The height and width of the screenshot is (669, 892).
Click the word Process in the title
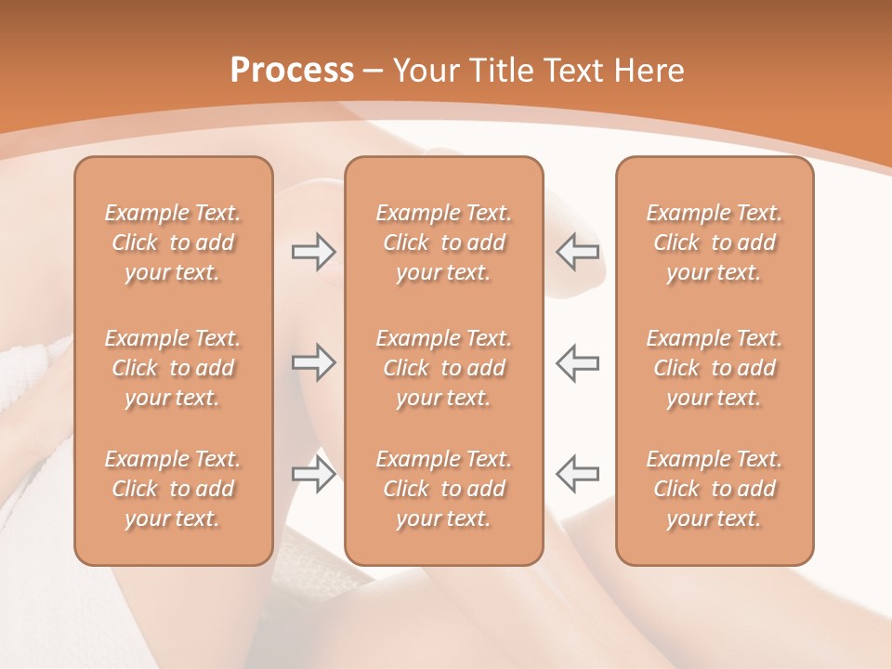coord(292,71)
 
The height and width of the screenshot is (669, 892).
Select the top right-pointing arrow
coord(314,252)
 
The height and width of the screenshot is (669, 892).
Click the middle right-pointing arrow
coord(314,362)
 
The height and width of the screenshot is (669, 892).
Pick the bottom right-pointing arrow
coord(314,473)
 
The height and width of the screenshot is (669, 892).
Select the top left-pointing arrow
coord(577,252)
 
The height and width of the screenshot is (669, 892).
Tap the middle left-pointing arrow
coord(577,362)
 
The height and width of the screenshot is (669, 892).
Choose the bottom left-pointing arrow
coord(577,473)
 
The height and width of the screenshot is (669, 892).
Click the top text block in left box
coord(173,243)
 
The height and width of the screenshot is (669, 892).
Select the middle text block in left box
coord(173,368)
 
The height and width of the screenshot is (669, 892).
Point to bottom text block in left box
coord(173,489)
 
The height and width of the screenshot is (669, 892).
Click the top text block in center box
coord(444,243)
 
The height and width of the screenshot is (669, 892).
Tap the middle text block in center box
coord(444,368)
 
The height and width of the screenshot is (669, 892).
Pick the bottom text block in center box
coord(444,489)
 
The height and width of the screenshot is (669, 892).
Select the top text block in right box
coord(715,243)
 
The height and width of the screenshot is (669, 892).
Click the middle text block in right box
coord(715,368)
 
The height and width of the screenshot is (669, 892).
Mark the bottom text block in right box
coord(715,489)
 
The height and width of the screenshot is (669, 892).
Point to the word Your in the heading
coord(424,71)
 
